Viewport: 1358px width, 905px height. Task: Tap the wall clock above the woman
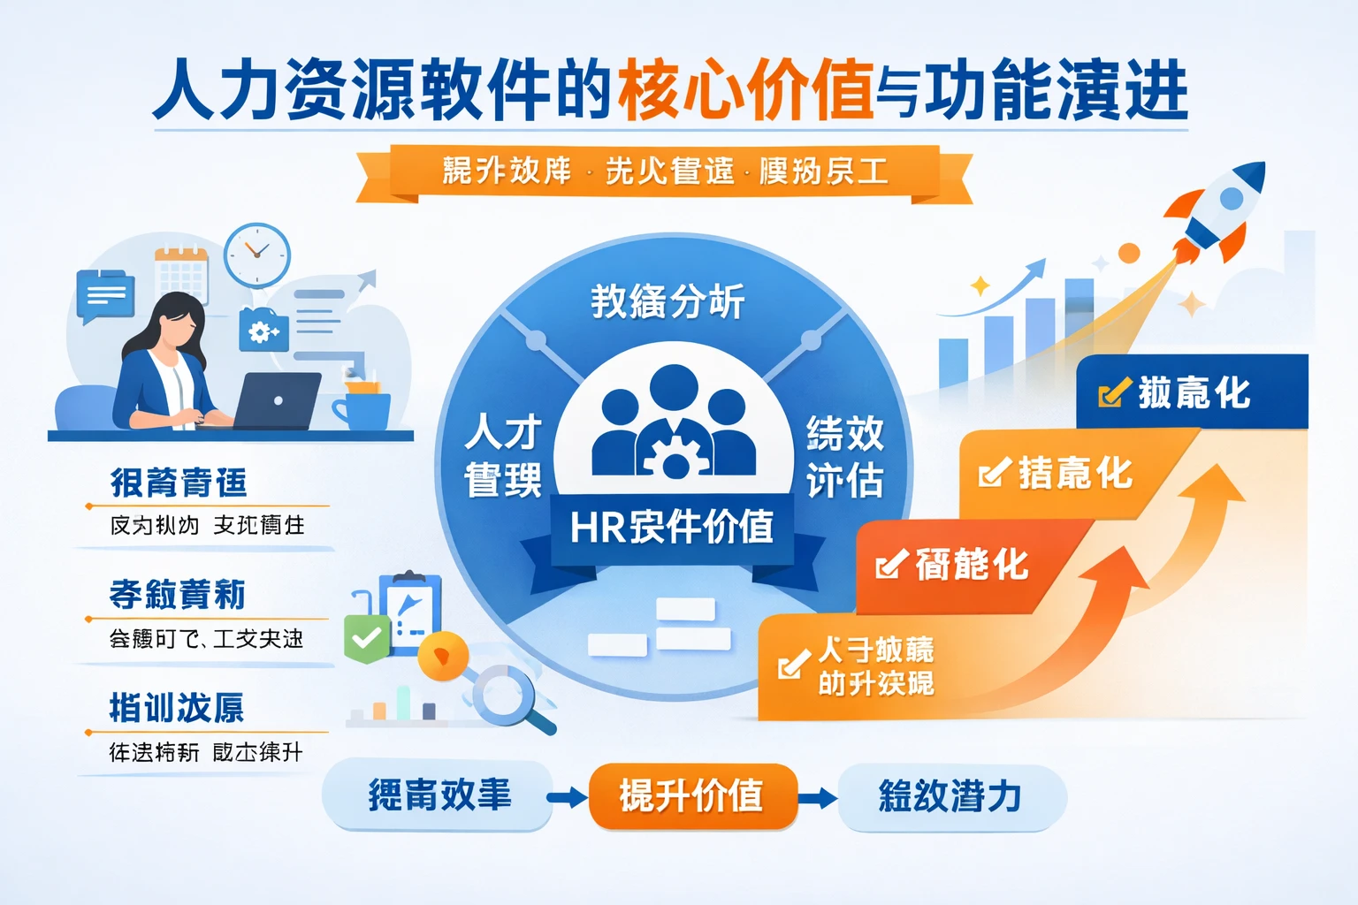[256, 255]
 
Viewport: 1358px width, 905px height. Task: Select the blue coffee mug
[362, 409]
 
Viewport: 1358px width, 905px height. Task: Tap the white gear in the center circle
[674, 456]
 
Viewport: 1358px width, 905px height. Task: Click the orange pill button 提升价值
[692, 796]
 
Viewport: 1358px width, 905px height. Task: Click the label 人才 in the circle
[503, 433]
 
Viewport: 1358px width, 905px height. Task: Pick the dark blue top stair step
[1191, 392]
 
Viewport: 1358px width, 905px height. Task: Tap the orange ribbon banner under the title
[665, 171]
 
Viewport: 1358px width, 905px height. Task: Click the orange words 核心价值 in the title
[745, 91]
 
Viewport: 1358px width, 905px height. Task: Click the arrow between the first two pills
[567, 797]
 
